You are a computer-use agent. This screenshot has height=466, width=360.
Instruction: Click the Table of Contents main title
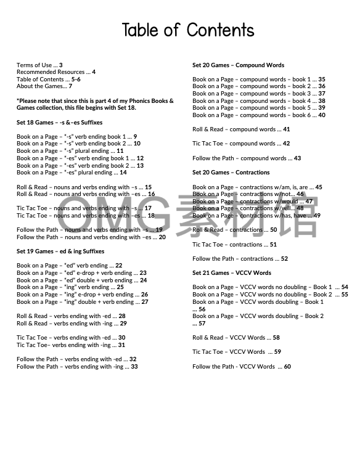187,30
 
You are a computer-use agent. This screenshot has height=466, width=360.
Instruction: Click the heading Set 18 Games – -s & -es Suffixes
60,123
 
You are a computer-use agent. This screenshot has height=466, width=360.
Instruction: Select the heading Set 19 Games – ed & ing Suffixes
60,251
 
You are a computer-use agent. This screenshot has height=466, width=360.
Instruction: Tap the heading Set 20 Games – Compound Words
238,65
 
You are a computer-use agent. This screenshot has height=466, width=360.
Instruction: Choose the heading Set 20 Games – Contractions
231,173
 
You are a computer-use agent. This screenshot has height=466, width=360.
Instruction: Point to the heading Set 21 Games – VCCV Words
231,272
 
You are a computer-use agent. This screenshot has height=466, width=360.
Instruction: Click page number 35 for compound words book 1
322,80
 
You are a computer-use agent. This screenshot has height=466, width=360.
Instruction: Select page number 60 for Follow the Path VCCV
287,367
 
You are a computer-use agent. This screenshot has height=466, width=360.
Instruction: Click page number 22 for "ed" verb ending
119,266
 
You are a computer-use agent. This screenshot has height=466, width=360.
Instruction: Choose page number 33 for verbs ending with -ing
134,367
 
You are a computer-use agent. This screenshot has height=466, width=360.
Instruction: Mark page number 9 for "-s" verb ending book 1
135,137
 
